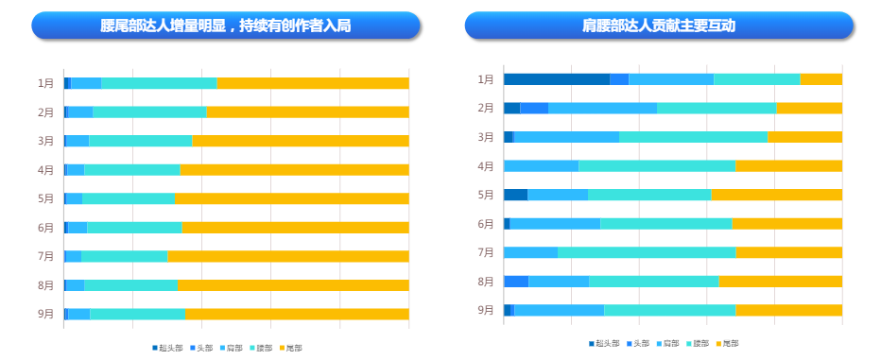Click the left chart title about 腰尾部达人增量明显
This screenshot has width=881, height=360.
[225, 26]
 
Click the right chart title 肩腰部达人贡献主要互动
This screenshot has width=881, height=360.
[659, 26]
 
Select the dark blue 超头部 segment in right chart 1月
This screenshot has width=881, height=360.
[556, 79]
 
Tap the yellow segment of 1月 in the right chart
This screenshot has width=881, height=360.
[821, 79]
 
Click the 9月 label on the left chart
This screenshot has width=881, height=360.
[45, 314]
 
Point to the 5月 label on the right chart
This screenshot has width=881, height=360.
[486, 195]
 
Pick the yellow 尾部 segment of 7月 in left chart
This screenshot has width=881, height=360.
[287, 256]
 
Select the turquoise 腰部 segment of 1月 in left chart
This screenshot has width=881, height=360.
[159, 83]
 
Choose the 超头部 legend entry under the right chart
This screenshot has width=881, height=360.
[604, 343]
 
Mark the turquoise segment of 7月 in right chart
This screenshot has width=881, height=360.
[647, 252]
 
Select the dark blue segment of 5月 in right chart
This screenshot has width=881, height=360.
[515, 195]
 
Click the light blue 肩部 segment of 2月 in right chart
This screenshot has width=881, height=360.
[602, 108]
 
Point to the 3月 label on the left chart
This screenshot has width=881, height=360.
[45, 141]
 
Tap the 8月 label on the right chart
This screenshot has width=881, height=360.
[486, 282]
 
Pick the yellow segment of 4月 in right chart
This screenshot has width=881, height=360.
[788, 166]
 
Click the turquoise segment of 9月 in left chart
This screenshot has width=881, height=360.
[137, 314]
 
